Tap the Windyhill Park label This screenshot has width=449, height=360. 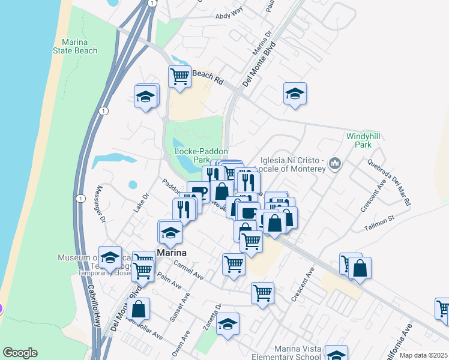(363, 140)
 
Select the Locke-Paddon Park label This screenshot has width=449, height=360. (200, 155)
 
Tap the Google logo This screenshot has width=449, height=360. (20, 353)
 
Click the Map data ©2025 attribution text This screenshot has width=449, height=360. (423, 355)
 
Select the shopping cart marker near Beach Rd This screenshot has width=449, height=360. (179, 77)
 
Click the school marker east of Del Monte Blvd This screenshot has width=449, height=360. (295, 93)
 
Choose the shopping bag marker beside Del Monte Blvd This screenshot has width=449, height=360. (139, 309)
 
